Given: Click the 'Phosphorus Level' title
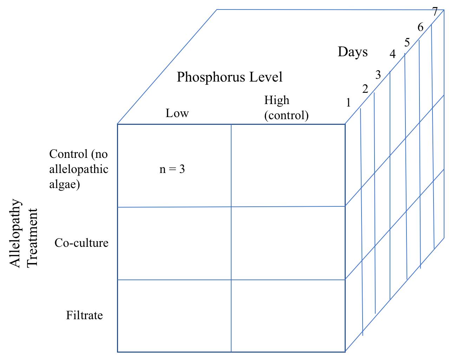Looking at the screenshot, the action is coord(229,77).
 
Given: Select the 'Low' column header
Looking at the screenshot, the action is coord(177,113).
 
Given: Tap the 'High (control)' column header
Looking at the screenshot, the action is coord(286,108).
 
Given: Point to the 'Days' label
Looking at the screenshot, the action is coord(353,52).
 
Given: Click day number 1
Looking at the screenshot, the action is coord(348,103).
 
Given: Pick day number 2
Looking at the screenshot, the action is coord(365,89).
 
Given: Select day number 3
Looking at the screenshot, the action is coord(378,75).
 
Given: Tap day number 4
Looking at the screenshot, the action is coord(392,54).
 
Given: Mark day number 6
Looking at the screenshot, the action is coord(421,27).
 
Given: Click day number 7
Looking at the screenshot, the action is coord(435,12).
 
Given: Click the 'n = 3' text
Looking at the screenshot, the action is coord(172,169).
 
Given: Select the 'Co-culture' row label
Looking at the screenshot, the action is coord(82,243).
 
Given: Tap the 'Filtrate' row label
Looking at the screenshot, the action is coord(84,315).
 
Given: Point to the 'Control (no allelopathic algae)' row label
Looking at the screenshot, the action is coord(79,169).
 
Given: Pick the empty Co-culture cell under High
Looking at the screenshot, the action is coord(288,243).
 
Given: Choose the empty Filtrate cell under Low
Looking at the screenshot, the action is coord(174,316).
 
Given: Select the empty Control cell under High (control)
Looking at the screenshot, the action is coord(288,165).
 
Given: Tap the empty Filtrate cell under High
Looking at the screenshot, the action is coord(288,316).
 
